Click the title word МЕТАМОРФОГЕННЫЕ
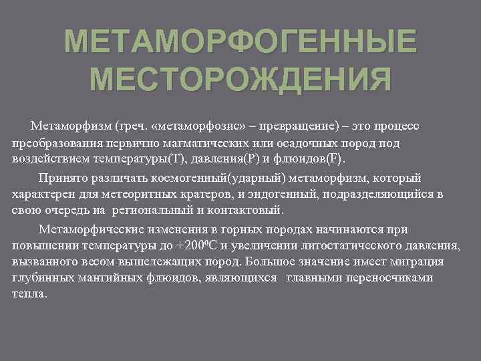click(x=240, y=45)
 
